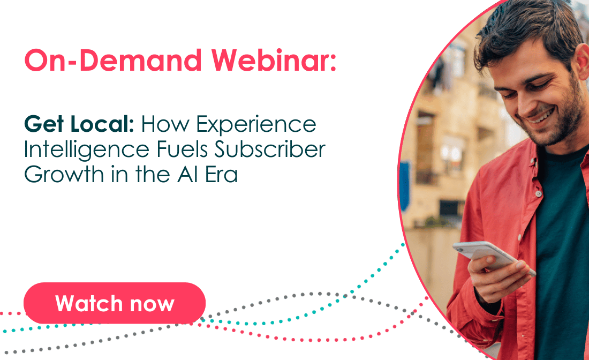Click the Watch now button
(x=115, y=303)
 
